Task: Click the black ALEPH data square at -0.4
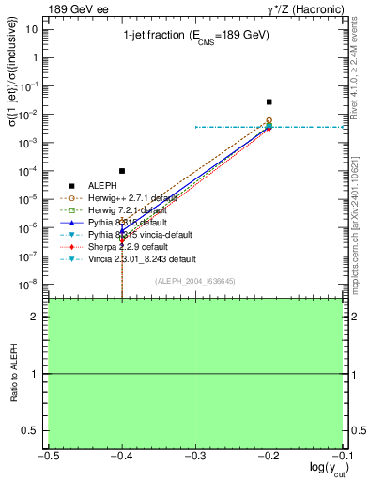point(122,171)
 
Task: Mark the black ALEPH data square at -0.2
point(269,101)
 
